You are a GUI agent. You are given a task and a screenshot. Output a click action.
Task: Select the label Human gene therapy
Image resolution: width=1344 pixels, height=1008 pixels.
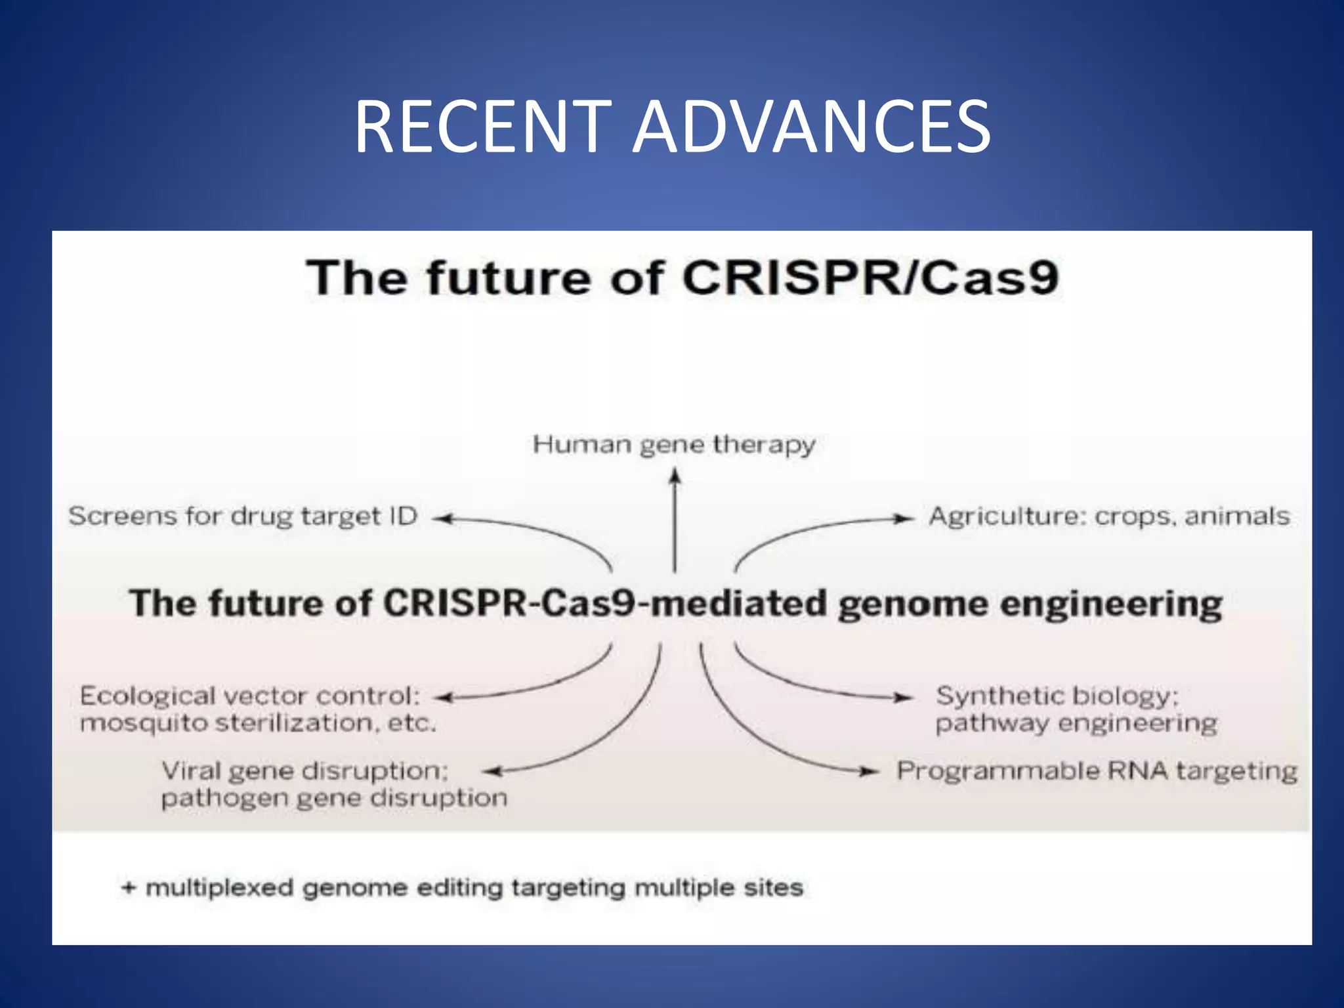(x=674, y=444)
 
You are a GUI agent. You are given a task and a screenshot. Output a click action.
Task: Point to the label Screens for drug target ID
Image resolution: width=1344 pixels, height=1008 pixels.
(x=243, y=516)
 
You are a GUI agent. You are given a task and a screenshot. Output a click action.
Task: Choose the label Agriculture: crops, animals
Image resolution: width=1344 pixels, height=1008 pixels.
(x=1109, y=516)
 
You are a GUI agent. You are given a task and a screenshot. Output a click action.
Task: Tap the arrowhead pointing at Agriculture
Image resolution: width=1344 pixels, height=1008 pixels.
(x=904, y=518)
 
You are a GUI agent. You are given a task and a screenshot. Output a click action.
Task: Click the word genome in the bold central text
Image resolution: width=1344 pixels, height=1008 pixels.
(x=913, y=604)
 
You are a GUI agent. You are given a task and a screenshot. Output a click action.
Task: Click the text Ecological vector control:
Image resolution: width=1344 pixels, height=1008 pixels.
(x=249, y=696)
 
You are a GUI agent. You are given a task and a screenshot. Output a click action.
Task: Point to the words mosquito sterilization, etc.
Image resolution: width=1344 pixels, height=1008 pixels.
(x=258, y=723)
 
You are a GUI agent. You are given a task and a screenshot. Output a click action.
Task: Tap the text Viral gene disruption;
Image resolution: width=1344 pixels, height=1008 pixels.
(x=304, y=770)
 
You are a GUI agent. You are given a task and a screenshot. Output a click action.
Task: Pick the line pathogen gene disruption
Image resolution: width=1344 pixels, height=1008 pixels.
(x=334, y=798)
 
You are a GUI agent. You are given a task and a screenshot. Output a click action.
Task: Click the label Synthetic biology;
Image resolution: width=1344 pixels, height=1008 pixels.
(x=1057, y=696)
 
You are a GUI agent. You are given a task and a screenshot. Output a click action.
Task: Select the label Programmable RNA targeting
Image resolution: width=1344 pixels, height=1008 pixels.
(x=1097, y=770)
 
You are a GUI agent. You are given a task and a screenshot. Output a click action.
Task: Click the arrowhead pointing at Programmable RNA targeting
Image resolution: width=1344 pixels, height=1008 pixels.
(x=870, y=772)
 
